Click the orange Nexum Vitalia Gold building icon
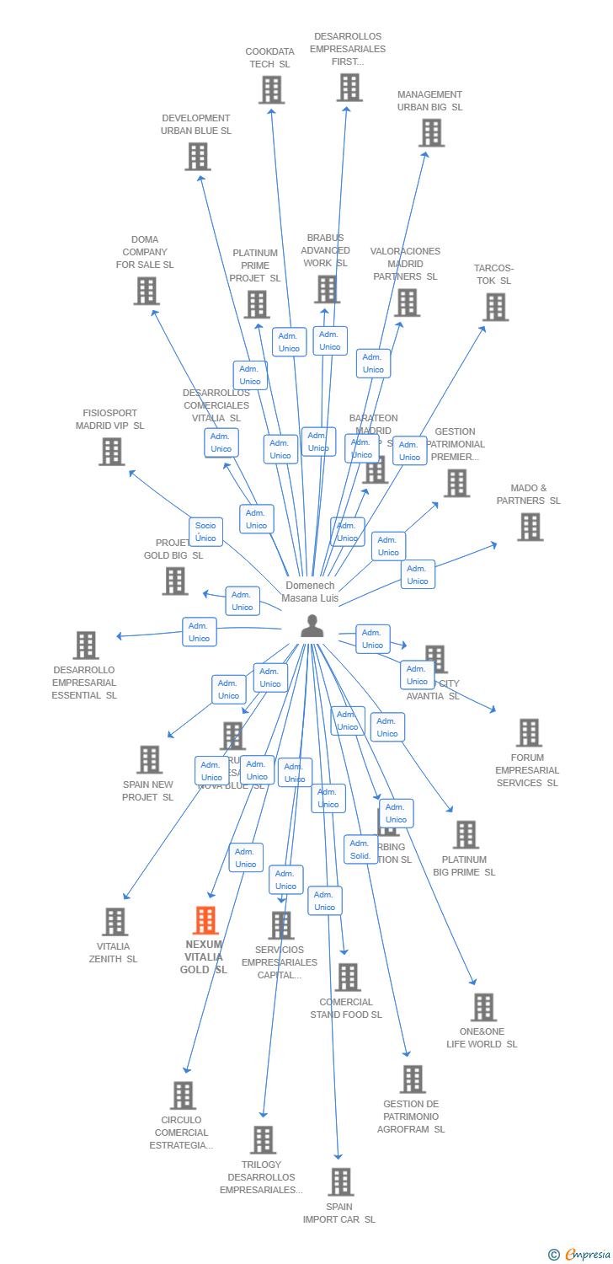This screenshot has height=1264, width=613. [205, 921]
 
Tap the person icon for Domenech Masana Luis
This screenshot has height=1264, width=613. [312, 626]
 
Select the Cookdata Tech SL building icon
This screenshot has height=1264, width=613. [271, 89]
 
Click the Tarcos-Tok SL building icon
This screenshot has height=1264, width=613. [496, 307]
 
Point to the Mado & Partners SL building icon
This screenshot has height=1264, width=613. [530, 527]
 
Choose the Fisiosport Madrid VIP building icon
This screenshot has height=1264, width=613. [111, 452]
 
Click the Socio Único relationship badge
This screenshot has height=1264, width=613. [205, 532]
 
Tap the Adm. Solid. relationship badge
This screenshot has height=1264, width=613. [360, 849]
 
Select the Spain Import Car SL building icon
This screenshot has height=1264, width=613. [340, 1181]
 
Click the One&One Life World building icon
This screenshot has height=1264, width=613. [483, 1007]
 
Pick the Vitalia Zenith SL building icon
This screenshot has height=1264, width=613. [115, 922]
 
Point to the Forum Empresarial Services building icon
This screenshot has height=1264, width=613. [528, 732]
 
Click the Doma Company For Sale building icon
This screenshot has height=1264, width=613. [147, 291]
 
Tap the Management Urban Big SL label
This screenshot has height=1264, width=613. [429, 101]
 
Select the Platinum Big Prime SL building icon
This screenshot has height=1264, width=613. [465, 834]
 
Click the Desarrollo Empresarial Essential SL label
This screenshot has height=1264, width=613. [84, 683]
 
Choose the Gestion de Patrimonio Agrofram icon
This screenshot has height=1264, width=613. [413, 1079]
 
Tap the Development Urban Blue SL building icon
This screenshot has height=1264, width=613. [198, 156]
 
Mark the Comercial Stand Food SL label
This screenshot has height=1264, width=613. [345, 1008]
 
